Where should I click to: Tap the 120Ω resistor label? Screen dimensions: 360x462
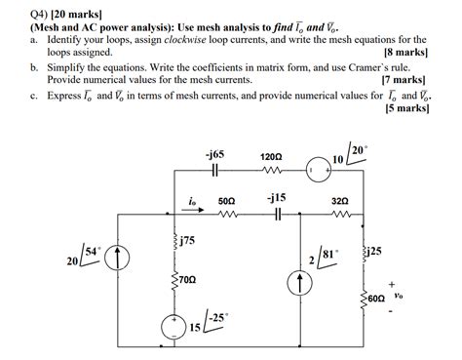[272, 156]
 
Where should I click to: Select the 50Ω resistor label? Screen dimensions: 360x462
[227, 199]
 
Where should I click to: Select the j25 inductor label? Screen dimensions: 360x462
[375, 251]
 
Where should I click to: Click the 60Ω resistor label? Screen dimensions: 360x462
[377, 295]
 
